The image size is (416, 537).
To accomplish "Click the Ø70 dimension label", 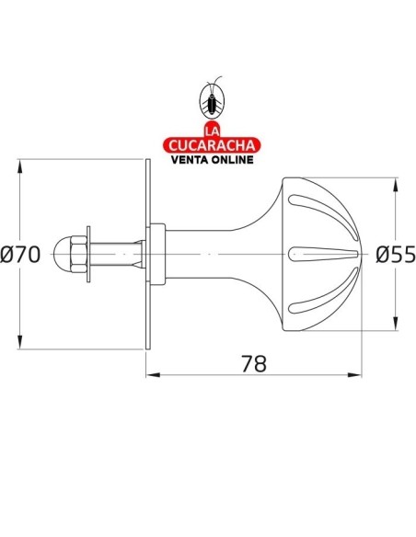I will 21,255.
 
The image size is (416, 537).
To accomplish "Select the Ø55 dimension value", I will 397,255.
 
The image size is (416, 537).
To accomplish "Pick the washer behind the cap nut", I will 87,255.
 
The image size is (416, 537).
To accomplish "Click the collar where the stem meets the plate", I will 159,255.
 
